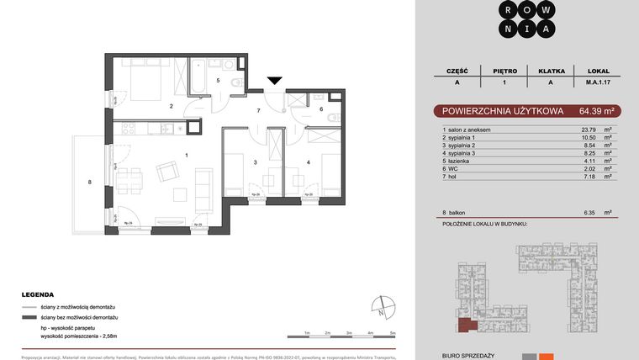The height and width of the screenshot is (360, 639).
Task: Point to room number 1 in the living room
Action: click(x=186, y=156)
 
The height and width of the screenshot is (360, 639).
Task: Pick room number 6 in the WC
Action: click(x=321, y=109)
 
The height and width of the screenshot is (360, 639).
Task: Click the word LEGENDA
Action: click(x=38, y=295)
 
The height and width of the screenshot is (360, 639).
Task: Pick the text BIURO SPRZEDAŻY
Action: click(x=462, y=356)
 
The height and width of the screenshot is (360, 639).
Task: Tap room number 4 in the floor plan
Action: click(x=309, y=161)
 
